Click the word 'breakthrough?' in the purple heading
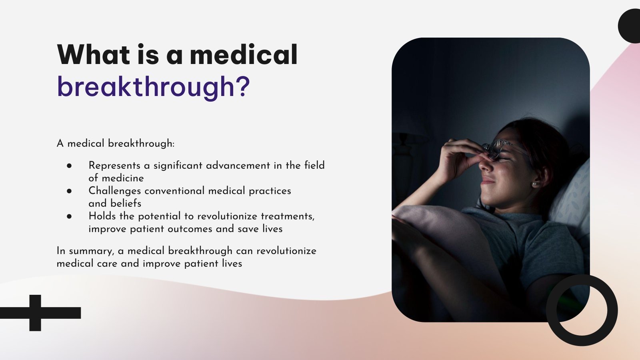point(153,87)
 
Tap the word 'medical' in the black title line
point(244,55)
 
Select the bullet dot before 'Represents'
point(70,166)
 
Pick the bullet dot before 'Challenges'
point(70,191)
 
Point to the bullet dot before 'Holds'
point(70,216)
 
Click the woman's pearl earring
point(534,184)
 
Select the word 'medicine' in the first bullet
point(122,178)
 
